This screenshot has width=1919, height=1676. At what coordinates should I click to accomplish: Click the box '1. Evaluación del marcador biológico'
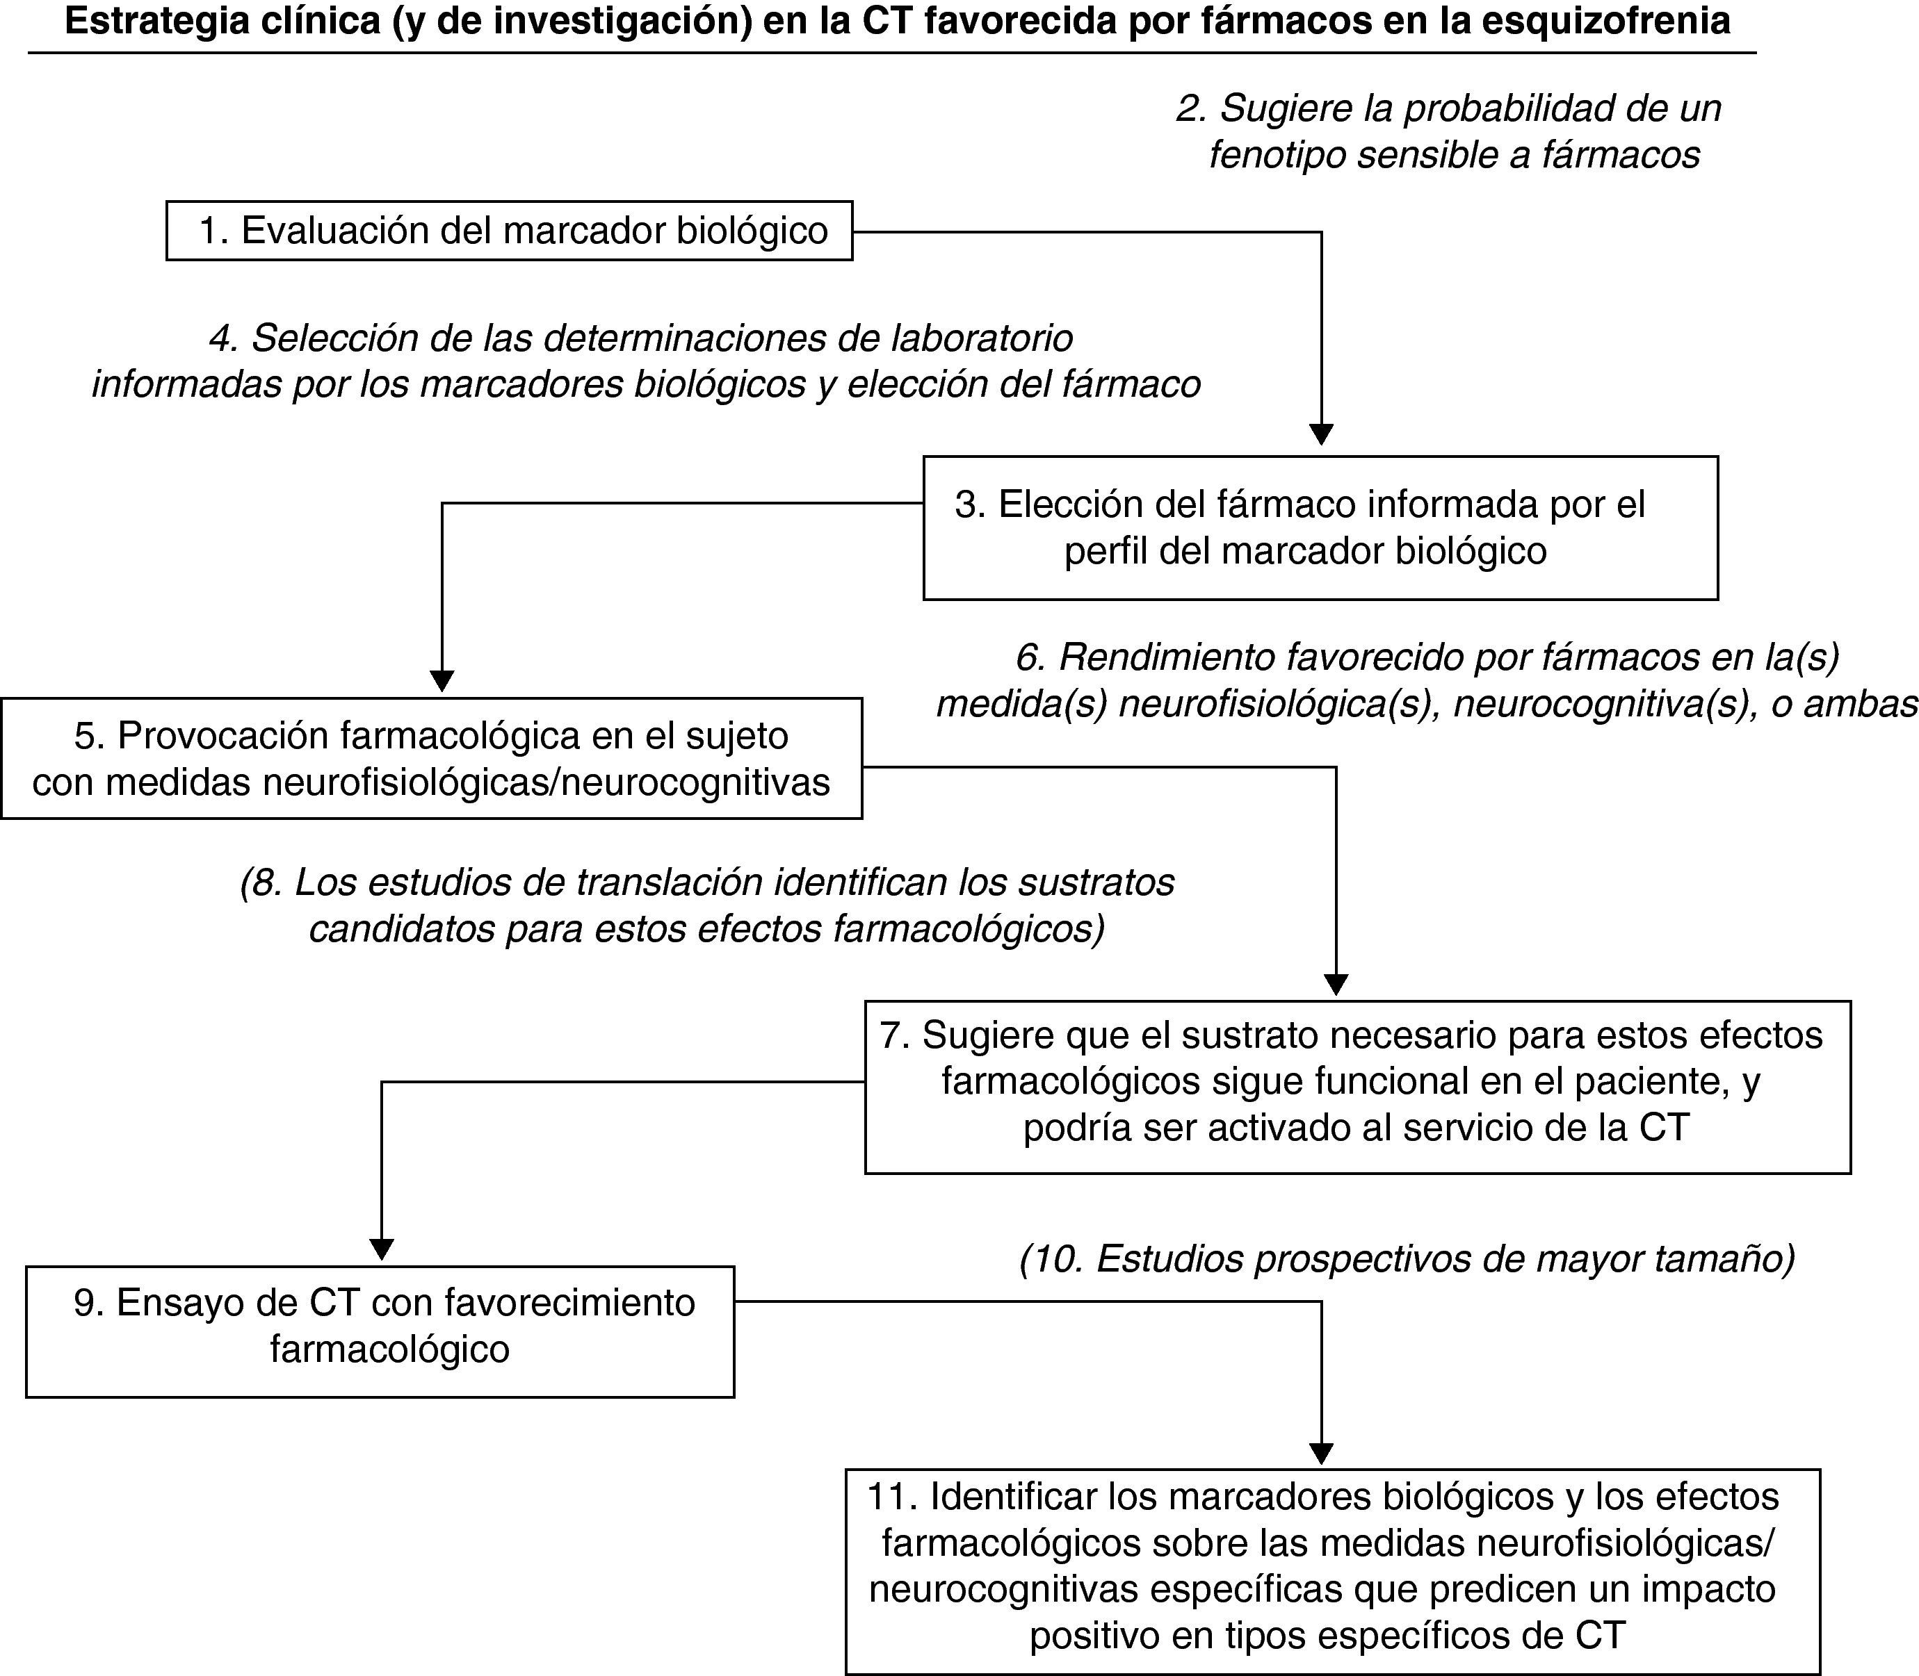coord(509,230)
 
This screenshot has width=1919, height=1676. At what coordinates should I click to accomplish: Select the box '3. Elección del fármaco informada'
coord(1320,527)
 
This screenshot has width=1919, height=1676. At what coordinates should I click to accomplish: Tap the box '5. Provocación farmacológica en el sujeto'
coord(431,759)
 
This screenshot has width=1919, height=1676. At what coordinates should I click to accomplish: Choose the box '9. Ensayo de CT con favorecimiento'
coord(380,1332)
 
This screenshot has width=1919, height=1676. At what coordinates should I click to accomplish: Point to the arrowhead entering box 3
coord(1321,435)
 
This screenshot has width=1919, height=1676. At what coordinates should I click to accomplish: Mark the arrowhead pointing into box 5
coord(442,681)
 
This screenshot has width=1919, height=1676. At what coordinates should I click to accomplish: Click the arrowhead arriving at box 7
coord(1336,984)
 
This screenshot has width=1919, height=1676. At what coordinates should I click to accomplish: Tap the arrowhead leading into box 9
coord(382,1249)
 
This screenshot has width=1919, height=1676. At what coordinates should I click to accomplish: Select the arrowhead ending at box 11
coord(1321,1454)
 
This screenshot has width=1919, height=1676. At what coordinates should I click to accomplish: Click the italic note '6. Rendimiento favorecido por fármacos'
coord(1427,680)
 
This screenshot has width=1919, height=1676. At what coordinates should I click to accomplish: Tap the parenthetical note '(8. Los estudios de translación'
coord(707,905)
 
